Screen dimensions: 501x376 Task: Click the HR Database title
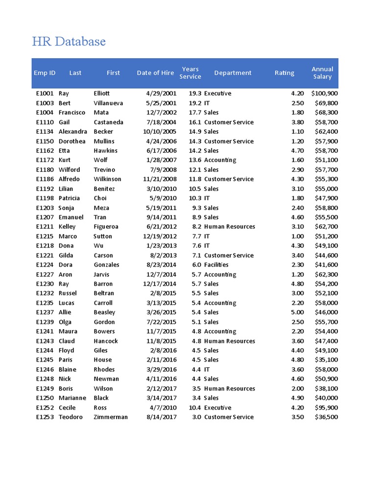(x=69, y=42)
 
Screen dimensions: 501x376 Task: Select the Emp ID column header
(x=45, y=73)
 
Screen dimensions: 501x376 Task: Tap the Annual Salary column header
(x=322, y=73)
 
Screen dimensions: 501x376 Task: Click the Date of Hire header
(x=155, y=73)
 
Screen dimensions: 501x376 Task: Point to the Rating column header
(x=284, y=73)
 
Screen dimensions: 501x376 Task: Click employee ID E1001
(x=45, y=93)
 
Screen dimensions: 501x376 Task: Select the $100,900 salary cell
(x=324, y=93)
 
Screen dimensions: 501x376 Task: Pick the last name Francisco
(x=72, y=113)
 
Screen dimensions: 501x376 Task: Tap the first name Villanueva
(x=108, y=103)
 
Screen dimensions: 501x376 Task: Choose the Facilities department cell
(x=216, y=265)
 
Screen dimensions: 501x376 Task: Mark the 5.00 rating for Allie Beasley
(x=297, y=312)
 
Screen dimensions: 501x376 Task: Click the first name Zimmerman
(x=111, y=417)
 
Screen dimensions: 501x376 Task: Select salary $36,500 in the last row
(x=326, y=417)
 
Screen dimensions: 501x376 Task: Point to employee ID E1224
(x=45, y=265)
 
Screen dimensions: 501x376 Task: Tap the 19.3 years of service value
(x=195, y=93)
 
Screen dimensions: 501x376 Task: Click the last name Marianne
(x=72, y=398)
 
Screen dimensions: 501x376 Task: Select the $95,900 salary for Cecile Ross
(x=326, y=408)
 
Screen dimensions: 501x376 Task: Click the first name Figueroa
(x=106, y=227)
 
